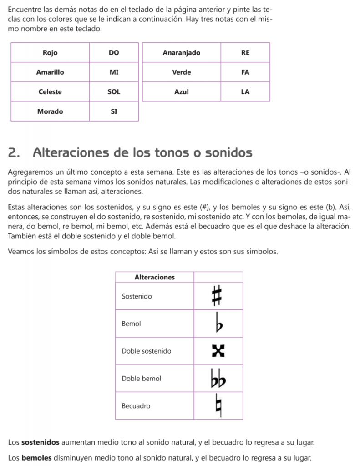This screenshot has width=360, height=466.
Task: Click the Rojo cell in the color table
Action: click(50, 53)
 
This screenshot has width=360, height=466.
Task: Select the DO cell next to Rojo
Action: click(114, 53)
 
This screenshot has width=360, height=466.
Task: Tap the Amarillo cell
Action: click(50, 72)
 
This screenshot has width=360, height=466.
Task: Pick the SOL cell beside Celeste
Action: click(114, 92)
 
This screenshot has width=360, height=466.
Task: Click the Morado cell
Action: click(50, 111)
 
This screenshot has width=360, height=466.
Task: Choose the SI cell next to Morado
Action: click(114, 111)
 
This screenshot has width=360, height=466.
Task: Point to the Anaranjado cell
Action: click(182, 53)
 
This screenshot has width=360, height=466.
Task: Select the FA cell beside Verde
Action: click(245, 72)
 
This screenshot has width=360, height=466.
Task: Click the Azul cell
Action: click(182, 92)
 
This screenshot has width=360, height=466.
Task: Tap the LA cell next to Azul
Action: click(245, 92)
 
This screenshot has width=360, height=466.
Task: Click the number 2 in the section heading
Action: click(14, 153)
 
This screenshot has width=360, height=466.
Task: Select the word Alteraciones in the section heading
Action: click(72, 153)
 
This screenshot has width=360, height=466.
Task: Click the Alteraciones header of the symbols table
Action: click(155, 277)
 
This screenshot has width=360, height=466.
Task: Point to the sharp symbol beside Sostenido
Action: click(218, 296)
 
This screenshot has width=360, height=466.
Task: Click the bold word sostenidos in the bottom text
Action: click(41, 442)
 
